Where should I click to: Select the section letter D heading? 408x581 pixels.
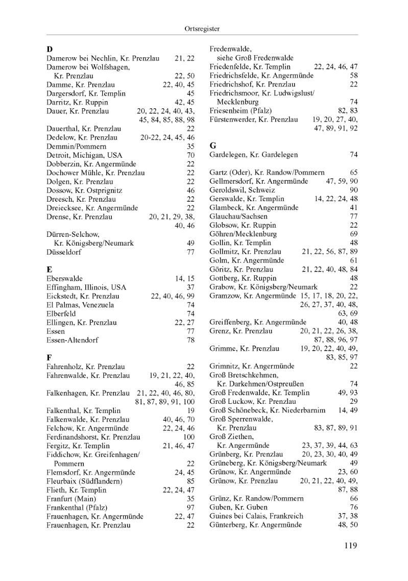tap(50, 50)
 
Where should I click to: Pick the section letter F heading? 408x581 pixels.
tap(49, 357)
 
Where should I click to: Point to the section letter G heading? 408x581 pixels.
tap(213, 145)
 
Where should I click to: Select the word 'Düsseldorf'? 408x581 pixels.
tap(63, 252)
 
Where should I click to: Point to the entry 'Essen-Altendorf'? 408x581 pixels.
tap(72, 340)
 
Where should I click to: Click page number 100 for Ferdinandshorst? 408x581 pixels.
tap(189, 437)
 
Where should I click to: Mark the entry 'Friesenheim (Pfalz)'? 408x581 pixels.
tap(241, 111)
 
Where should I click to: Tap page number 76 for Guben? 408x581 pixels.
tap(354, 507)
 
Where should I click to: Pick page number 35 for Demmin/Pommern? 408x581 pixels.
tap(191, 146)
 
